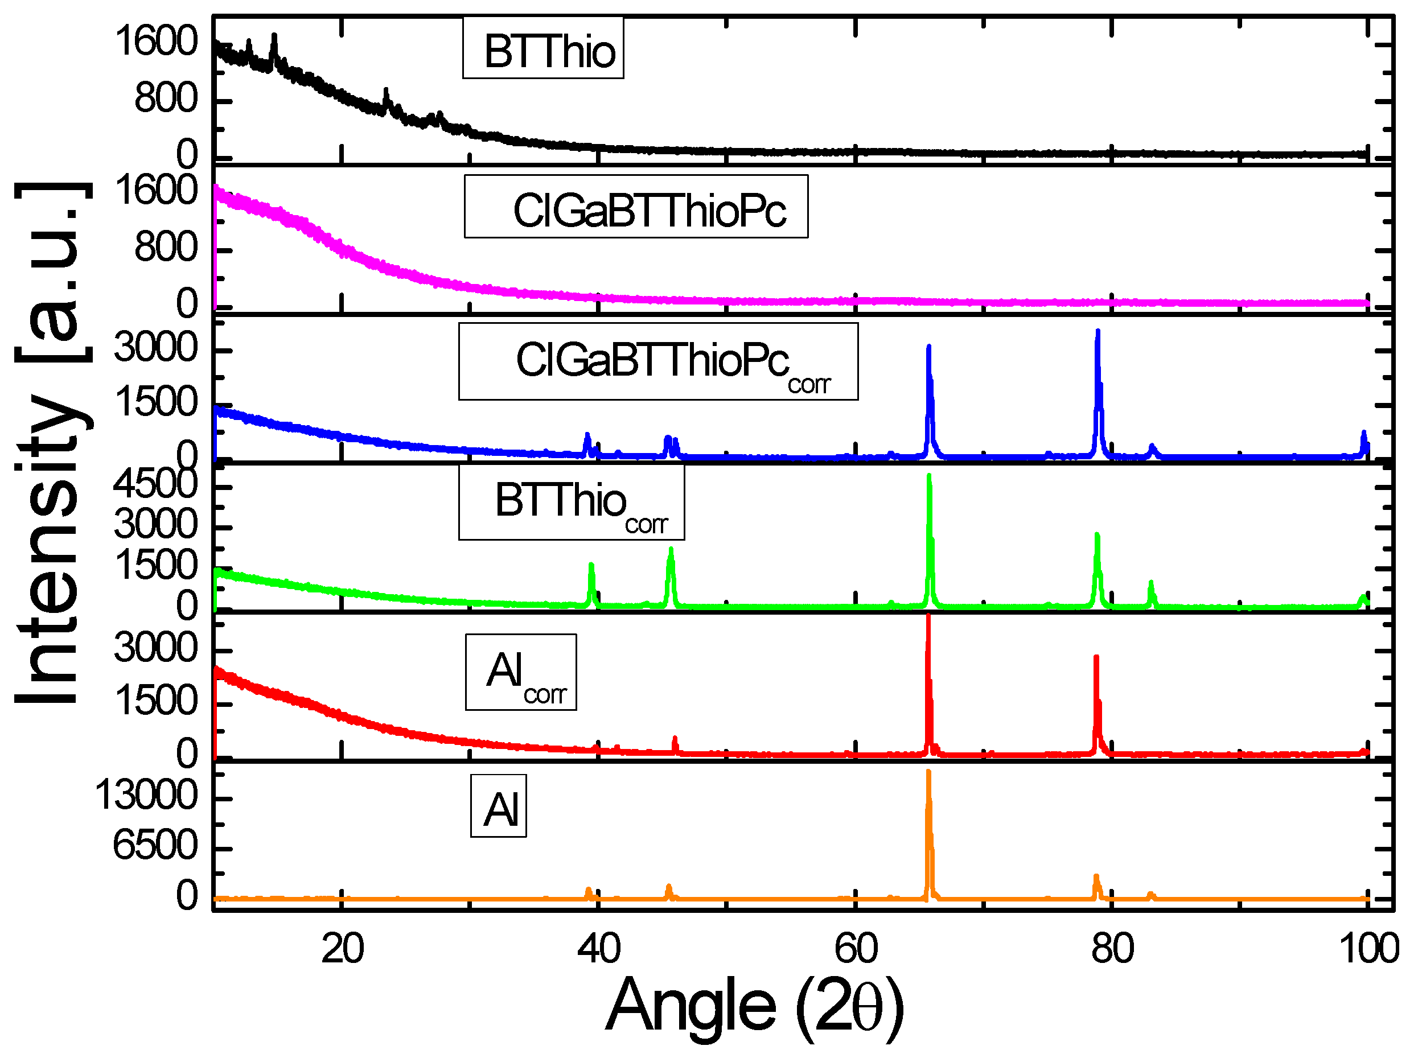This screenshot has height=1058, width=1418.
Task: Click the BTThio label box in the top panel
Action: click(x=542, y=49)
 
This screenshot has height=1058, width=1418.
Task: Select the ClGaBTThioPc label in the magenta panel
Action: click(x=635, y=206)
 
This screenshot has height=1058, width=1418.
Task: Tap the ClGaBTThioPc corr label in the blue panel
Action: click(x=657, y=361)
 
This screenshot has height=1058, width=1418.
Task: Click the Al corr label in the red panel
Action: click(x=520, y=672)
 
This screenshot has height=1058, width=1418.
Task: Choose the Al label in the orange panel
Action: click(x=498, y=806)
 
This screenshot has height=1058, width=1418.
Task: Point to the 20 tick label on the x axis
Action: click(x=342, y=949)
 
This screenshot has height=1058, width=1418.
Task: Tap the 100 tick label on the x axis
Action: click(x=1367, y=949)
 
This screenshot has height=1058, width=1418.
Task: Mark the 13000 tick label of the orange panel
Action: click(x=146, y=796)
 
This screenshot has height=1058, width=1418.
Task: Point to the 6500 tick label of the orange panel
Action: click(x=155, y=845)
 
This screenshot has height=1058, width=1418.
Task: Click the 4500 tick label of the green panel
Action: click(x=155, y=484)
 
